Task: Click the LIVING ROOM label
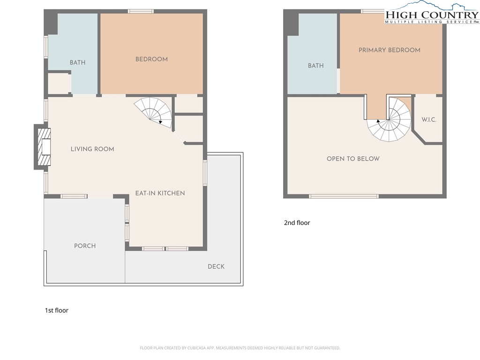tap(92, 149)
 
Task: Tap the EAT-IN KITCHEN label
tap(160, 193)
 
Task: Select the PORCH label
tap(85, 246)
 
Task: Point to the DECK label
tap(216, 266)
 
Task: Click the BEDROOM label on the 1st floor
tap(151, 59)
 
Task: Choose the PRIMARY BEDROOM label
tap(390, 50)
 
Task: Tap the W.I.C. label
tap(428, 120)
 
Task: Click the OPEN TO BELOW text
tap(353, 158)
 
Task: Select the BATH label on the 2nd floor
tap(315, 66)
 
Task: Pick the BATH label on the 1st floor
tap(77, 62)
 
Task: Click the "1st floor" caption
tap(57, 310)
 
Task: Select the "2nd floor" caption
tap(297, 223)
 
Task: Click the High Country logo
tap(432, 13)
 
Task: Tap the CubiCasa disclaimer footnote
tap(240, 348)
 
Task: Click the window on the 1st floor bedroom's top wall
tap(141, 11)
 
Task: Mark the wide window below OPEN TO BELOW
tap(344, 196)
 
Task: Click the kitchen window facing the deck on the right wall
tap(205, 173)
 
